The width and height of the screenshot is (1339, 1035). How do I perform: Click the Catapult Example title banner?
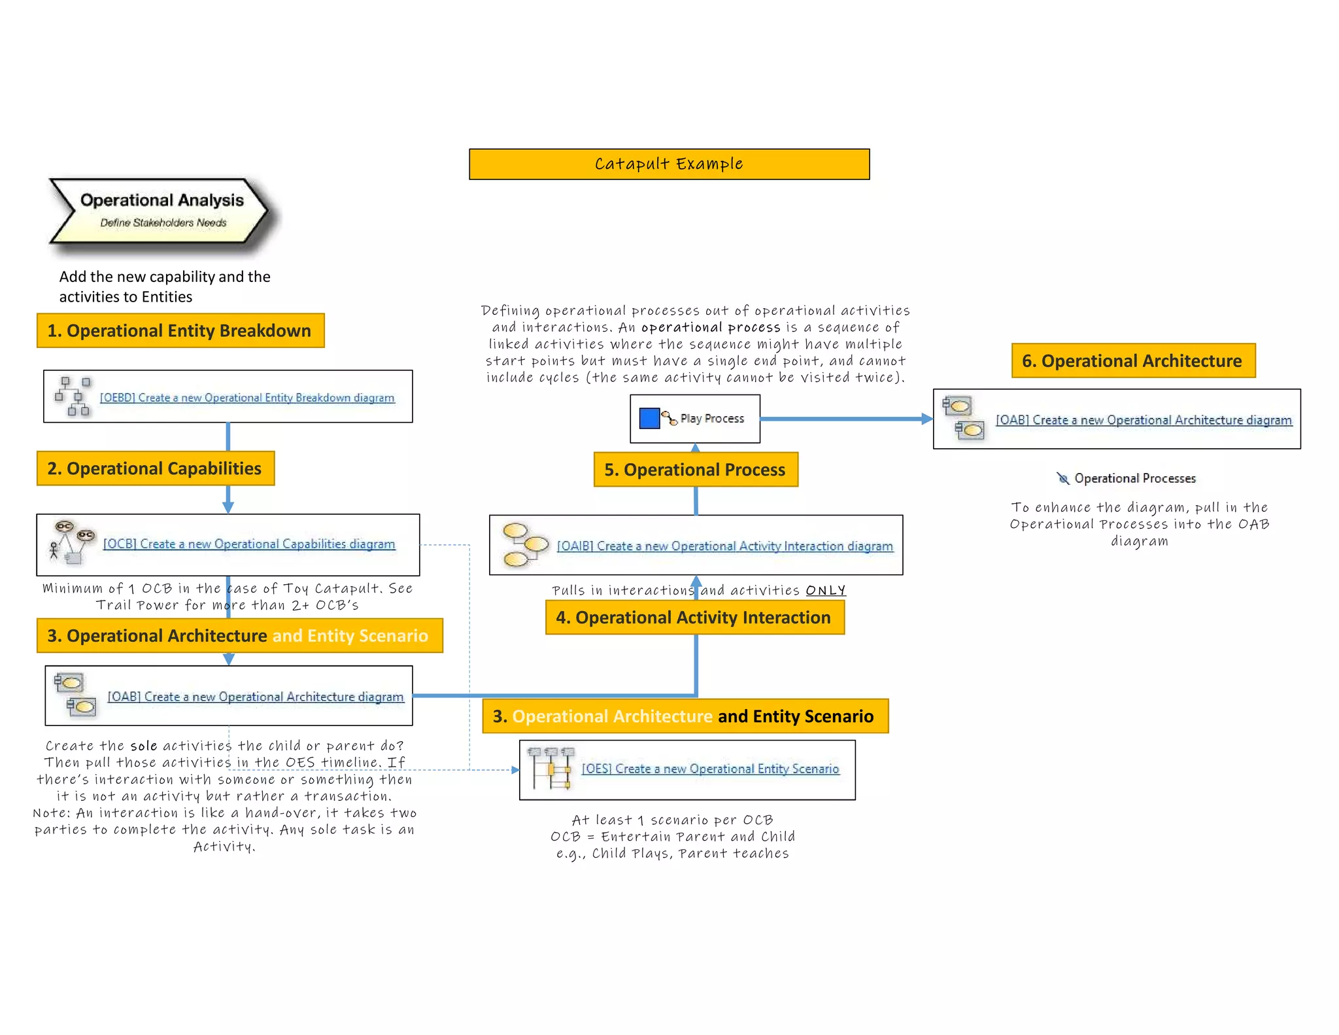(669, 164)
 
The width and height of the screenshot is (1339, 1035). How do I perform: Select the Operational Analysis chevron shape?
(160, 211)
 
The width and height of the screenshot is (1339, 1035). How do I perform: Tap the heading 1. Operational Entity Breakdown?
(180, 330)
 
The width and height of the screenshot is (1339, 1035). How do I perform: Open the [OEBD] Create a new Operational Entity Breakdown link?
(247, 398)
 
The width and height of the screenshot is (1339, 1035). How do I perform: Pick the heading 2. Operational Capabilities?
(155, 468)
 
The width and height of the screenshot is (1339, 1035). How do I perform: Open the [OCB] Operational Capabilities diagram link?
(249, 544)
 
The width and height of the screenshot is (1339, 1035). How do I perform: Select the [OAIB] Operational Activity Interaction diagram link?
(724, 546)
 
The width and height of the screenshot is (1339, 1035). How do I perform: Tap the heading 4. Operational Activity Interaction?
(694, 618)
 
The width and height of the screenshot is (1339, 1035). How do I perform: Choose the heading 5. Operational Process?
(695, 470)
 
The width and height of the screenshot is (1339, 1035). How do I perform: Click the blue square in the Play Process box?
(649, 418)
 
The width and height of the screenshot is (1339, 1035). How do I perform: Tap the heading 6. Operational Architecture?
(1133, 360)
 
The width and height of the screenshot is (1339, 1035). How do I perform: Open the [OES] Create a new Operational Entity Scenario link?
(710, 769)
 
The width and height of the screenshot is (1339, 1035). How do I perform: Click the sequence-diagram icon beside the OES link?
(551, 768)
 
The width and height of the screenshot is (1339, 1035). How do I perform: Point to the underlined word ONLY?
(826, 590)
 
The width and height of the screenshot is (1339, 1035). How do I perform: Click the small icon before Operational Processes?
(1063, 478)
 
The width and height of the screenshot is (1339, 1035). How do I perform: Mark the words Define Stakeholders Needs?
(163, 222)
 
